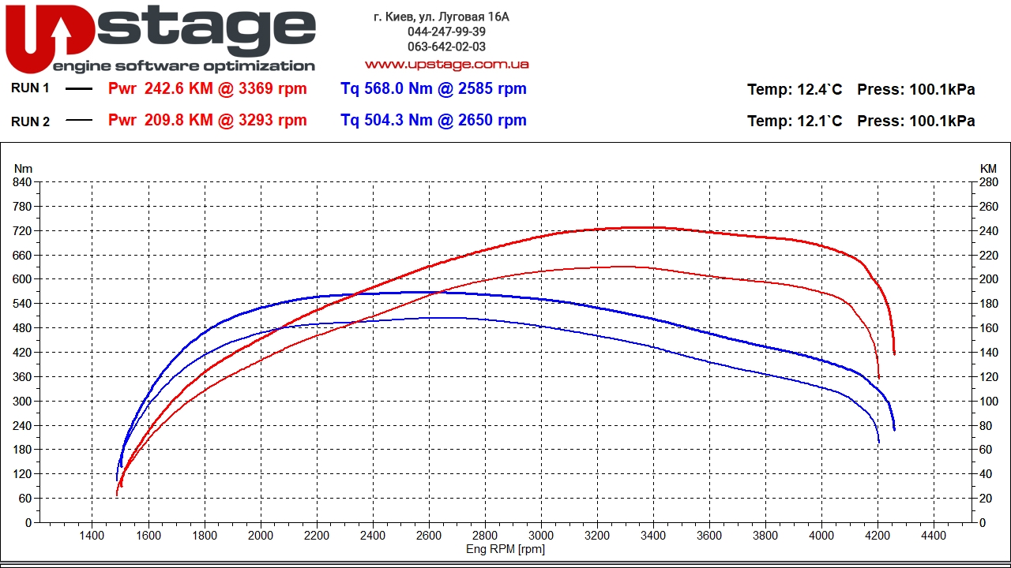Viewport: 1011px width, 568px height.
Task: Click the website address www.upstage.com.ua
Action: (446, 64)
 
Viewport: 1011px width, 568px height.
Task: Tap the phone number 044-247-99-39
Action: (446, 32)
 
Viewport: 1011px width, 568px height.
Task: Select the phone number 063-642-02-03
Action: (446, 47)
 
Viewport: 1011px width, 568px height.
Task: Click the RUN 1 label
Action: (30, 88)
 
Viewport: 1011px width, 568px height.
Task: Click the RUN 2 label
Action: (30, 121)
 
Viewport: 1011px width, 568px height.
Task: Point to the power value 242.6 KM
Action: (179, 89)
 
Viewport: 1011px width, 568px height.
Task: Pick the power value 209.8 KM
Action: (179, 121)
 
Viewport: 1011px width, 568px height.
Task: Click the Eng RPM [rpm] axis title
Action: (505, 549)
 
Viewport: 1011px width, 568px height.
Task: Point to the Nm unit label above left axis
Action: (24, 169)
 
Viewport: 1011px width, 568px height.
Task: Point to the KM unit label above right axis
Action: (988, 169)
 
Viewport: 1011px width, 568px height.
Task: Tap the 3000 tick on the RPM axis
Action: (541, 535)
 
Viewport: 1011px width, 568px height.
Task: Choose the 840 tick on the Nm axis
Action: (23, 182)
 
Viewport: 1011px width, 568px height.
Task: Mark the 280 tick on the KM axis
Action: (989, 182)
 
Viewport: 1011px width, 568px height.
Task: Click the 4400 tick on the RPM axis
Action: (934, 535)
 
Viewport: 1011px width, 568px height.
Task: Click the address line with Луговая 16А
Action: (441, 17)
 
